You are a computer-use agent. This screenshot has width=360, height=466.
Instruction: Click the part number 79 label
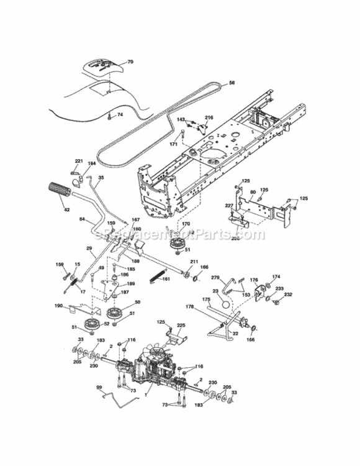click(x=130, y=62)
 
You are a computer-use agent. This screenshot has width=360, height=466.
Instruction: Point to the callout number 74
click(x=120, y=115)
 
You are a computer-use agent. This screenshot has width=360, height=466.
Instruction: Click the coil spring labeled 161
click(x=163, y=278)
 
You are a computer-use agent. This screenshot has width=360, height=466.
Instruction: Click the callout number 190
click(x=58, y=306)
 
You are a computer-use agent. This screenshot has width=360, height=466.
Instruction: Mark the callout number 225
click(x=181, y=326)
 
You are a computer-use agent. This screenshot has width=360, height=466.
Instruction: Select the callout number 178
click(x=191, y=307)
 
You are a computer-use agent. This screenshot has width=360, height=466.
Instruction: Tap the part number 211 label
click(x=194, y=262)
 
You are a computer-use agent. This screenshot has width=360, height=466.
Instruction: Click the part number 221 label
click(x=79, y=161)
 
